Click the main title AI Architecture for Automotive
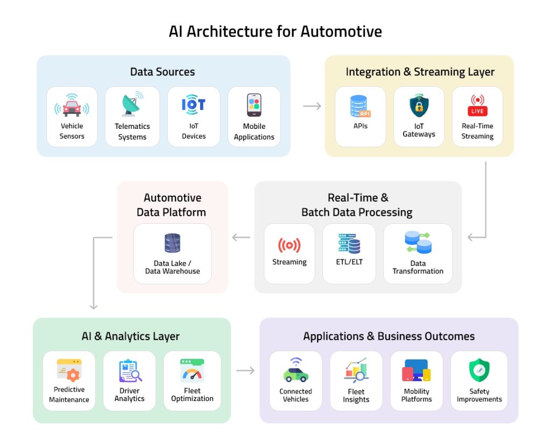pyautogui.click(x=275, y=31)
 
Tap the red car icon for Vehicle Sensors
pyautogui.click(x=72, y=106)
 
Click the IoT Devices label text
pyautogui.click(x=194, y=131)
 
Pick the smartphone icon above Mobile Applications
pyautogui.click(x=254, y=105)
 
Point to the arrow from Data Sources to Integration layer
pyautogui.click(x=312, y=106)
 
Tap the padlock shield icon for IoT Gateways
pyautogui.click(x=419, y=106)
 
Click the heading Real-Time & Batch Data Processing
pyautogui.click(x=357, y=205)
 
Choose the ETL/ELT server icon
pyautogui.click(x=349, y=244)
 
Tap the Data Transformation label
pyautogui.click(x=418, y=267)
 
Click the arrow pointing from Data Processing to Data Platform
pyautogui.click(x=241, y=237)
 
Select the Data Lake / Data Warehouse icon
pyautogui.click(x=172, y=243)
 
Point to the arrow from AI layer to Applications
pyautogui.click(x=245, y=370)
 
